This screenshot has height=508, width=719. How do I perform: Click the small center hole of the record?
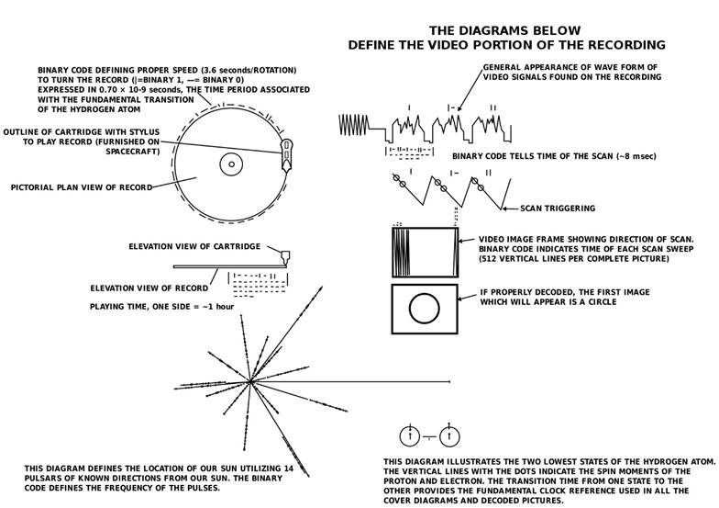[230, 164]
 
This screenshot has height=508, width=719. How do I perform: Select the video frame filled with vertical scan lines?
[424, 250]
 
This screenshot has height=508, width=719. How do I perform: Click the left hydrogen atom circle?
[410, 436]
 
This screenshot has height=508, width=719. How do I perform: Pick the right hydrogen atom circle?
[450, 436]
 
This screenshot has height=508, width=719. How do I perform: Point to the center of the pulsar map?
[249, 382]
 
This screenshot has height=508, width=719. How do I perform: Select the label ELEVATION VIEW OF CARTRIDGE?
[194, 246]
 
